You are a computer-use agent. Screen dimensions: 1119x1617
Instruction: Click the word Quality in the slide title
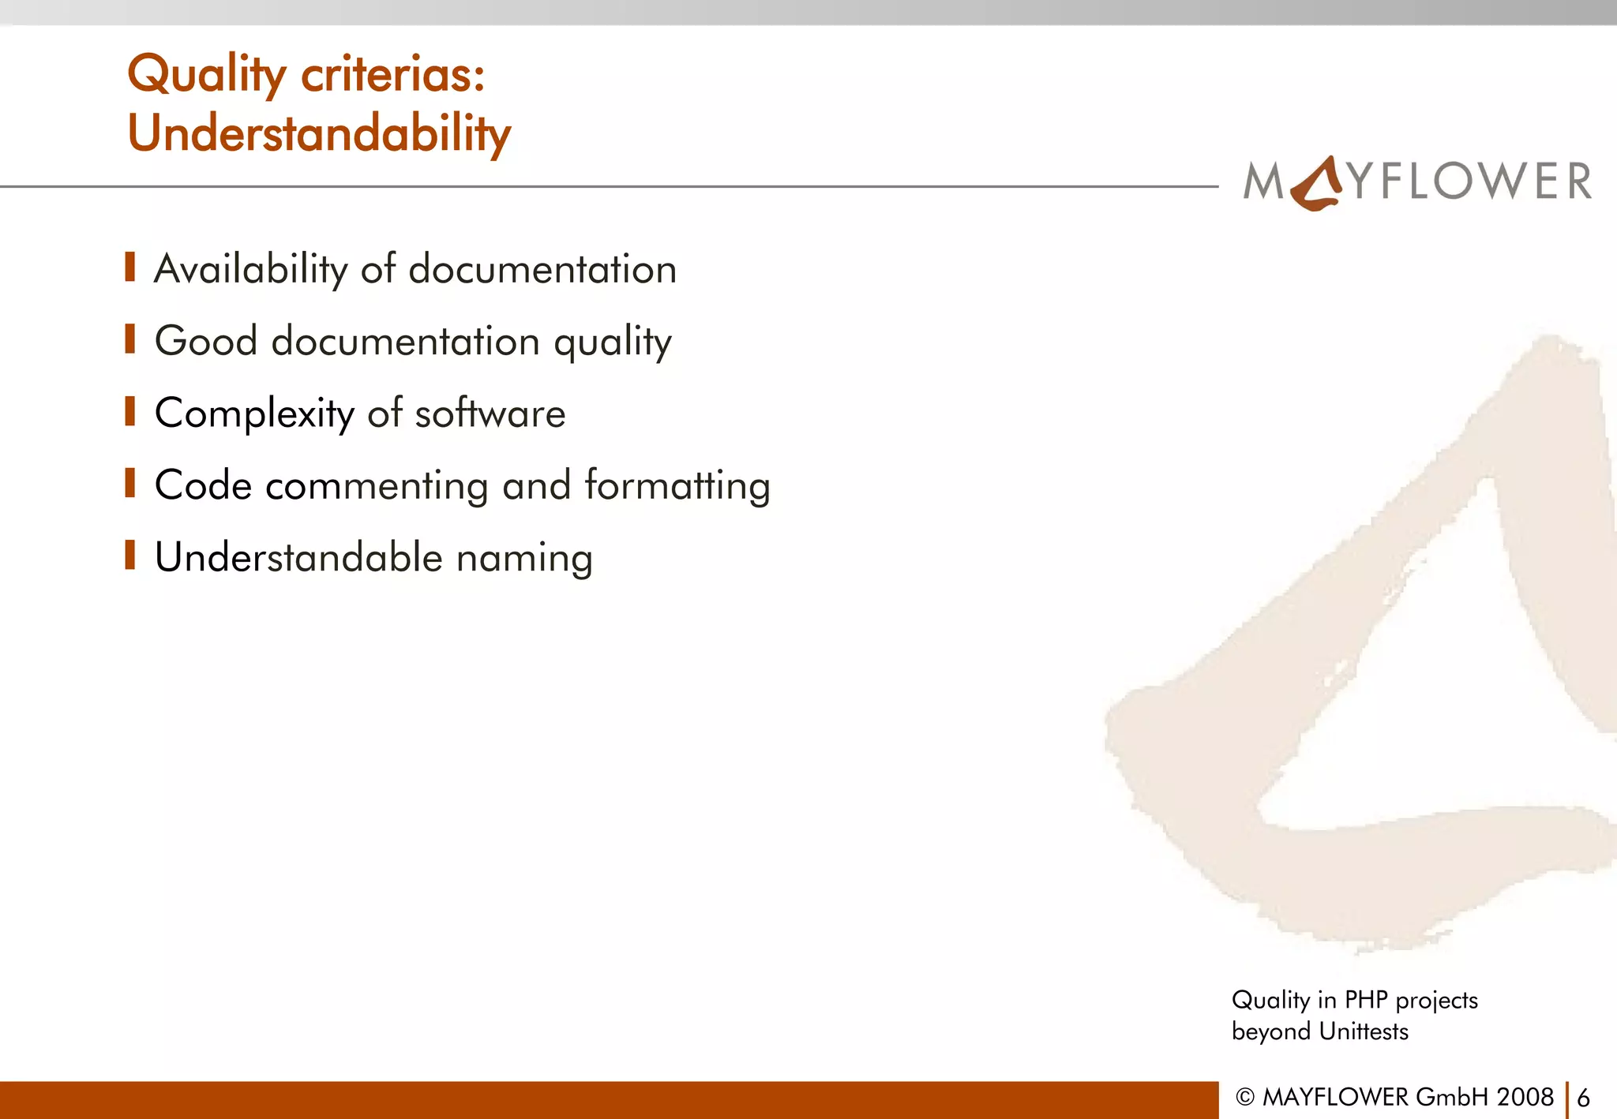[x=207, y=75]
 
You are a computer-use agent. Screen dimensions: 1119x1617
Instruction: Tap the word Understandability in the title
[x=319, y=133]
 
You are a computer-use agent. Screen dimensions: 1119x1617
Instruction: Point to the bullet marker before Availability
[x=130, y=268]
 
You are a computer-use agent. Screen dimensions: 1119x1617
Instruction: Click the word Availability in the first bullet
[x=250, y=269]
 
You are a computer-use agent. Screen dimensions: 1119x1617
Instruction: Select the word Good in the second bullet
[x=206, y=341]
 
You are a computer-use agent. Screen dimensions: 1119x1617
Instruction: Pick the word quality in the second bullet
[x=613, y=342]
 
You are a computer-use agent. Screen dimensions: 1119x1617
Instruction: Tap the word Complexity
[x=254, y=414]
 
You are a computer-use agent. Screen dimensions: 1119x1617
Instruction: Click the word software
[x=490, y=414]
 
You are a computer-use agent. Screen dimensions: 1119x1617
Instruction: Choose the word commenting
[x=377, y=486]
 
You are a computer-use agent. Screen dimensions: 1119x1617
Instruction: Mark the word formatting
[x=677, y=486]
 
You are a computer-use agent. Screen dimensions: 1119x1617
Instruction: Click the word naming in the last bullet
[x=524, y=559]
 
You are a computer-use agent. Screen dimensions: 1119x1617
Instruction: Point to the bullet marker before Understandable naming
[x=130, y=555]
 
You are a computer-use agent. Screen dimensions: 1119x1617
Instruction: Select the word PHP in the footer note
[x=1365, y=1000]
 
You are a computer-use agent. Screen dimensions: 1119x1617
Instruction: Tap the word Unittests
[x=1364, y=1031]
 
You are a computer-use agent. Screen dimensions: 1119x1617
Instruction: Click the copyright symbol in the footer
[x=1245, y=1098]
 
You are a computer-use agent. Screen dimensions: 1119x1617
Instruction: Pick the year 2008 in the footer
[x=1525, y=1097]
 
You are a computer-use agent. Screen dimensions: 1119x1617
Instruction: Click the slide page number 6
[x=1583, y=1098]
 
